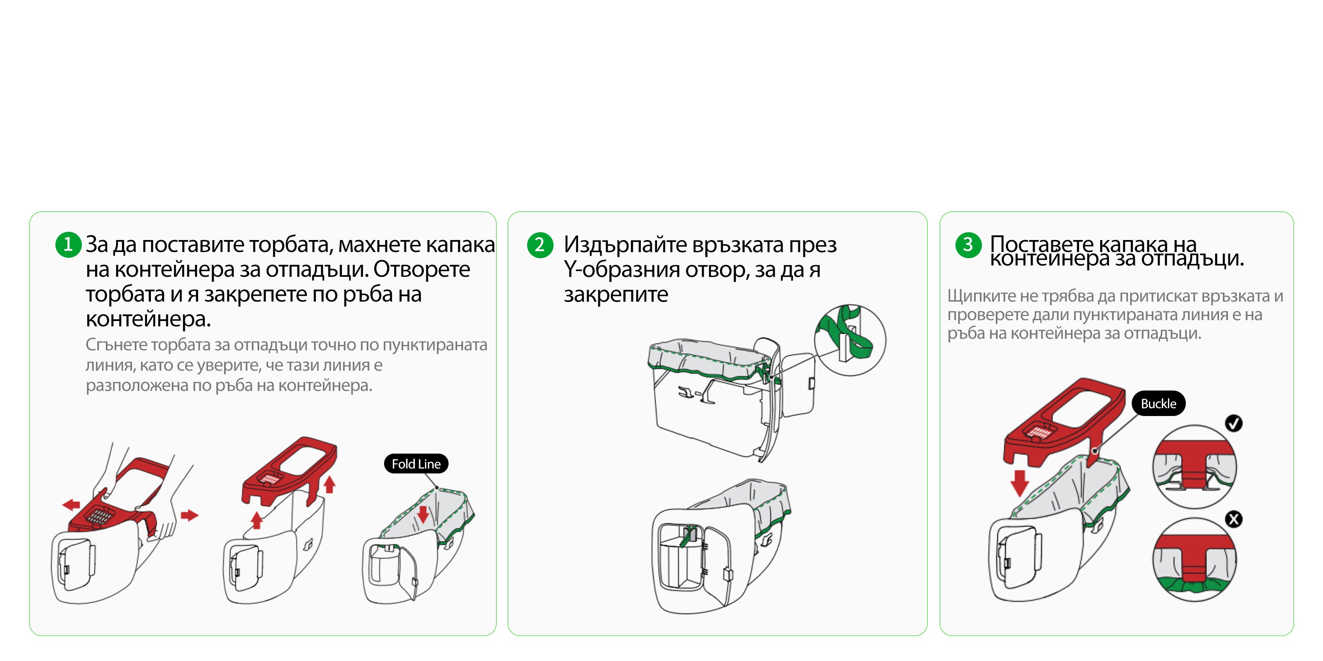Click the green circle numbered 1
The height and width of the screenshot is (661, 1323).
(x=68, y=245)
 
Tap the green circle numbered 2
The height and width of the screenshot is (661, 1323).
(x=540, y=245)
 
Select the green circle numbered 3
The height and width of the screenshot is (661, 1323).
(x=968, y=245)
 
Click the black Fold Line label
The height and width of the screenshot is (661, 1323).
(x=416, y=464)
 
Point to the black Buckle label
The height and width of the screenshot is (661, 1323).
(x=1158, y=403)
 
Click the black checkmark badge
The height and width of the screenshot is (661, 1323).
(x=1234, y=423)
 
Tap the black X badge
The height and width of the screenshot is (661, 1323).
(x=1234, y=519)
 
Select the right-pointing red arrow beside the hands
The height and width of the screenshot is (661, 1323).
(x=189, y=515)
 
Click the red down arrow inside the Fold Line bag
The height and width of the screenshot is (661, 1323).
(x=423, y=514)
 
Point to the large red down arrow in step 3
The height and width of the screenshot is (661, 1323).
(x=1020, y=483)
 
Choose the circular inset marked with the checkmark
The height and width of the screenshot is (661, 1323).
(x=1194, y=466)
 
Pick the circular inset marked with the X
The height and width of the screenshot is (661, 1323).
(x=1194, y=560)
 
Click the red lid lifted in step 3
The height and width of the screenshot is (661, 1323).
(x=1063, y=421)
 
